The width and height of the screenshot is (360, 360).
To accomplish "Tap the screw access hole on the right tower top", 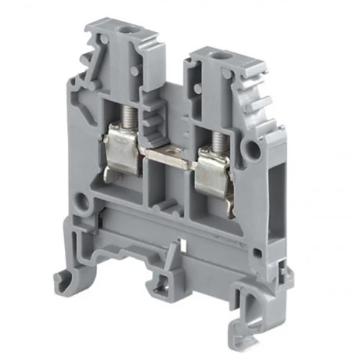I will (215, 56).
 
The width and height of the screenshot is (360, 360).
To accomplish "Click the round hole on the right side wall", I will (251, 150).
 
